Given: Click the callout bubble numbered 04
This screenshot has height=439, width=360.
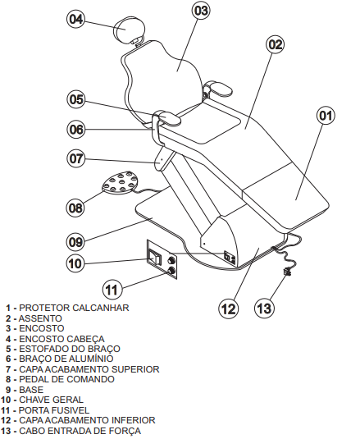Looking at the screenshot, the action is point(76,19).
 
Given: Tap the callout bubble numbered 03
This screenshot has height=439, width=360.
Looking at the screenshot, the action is point(202,11).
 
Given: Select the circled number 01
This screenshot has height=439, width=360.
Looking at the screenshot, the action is point(326,116).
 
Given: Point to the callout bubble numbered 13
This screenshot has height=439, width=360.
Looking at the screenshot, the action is point(264,308).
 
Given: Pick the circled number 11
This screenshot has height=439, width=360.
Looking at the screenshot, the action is point(112,290).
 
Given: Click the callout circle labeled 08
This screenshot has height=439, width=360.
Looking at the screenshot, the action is point(75,208).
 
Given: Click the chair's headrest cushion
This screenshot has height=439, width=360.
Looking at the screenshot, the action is point(130,30).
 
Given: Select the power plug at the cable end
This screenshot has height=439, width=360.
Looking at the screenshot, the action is point(288,272).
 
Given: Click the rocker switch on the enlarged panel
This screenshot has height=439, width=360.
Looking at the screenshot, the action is point(155,258).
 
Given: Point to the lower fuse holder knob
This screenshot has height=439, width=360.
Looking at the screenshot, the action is point(171,271).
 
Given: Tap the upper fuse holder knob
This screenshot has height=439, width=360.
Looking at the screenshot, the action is point(171,261).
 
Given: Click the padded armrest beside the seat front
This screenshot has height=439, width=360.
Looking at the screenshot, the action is point(167,117).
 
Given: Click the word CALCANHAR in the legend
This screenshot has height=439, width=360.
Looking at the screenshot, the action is point(100,308).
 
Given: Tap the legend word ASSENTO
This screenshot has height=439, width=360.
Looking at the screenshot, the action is point(40,318).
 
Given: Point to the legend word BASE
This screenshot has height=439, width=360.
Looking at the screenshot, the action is point(31,390).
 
